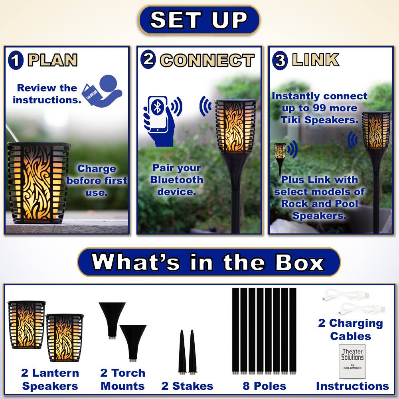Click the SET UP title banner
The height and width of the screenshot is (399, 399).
click(x=199, y=20)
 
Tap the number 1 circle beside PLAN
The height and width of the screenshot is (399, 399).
click(x=16, y=61)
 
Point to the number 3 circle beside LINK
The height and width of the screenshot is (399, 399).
click(x=280, y=61)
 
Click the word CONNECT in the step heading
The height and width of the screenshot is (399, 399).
click(x=207, y=61)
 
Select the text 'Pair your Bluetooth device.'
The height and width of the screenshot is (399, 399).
click(x=177, y=180)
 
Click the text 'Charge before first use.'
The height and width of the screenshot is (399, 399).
click(x=97, y=180)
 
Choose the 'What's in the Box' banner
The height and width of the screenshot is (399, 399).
click(x=208, y=263)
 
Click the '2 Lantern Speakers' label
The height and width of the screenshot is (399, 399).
click(x=50, y=379)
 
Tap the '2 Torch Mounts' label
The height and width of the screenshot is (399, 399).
click(x=122, y=379)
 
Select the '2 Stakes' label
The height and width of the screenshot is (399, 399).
click(x=187, y=386)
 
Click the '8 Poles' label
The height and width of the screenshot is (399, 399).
click(x=265, y=386)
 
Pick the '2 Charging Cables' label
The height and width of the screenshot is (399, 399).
click(x=350, y=330)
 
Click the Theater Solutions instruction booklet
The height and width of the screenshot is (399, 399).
click(x=352, y=361)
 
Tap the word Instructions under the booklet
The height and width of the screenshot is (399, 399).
click(x=352, y=386)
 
